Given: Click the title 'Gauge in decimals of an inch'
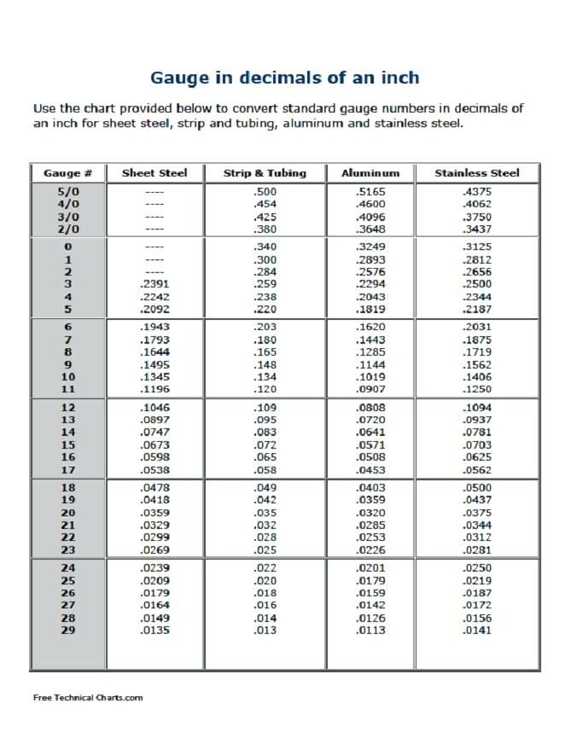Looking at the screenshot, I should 285,78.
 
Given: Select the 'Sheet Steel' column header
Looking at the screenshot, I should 154,172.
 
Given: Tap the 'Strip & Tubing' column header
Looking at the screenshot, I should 265,172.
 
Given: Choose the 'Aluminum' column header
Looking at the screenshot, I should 370,172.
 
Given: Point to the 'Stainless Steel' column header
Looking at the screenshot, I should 476,172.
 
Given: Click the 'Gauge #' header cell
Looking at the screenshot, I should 67,172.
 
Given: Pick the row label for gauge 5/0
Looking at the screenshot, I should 67,192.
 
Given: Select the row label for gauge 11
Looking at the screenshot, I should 67,389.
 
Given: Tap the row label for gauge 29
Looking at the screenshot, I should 67,630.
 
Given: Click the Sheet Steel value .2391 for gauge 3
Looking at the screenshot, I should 154,283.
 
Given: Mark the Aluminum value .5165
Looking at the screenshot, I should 370,192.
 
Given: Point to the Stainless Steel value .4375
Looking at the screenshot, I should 476,192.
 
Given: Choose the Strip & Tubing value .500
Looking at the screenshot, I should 265,192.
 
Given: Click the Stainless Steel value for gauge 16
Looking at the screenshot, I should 476,456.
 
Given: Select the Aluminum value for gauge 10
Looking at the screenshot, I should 370,376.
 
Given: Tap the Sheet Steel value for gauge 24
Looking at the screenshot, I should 154,568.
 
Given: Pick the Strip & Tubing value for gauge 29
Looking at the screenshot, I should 265,630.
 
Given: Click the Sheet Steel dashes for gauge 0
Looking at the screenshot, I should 154,247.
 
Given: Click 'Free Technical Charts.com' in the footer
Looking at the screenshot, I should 88,697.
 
